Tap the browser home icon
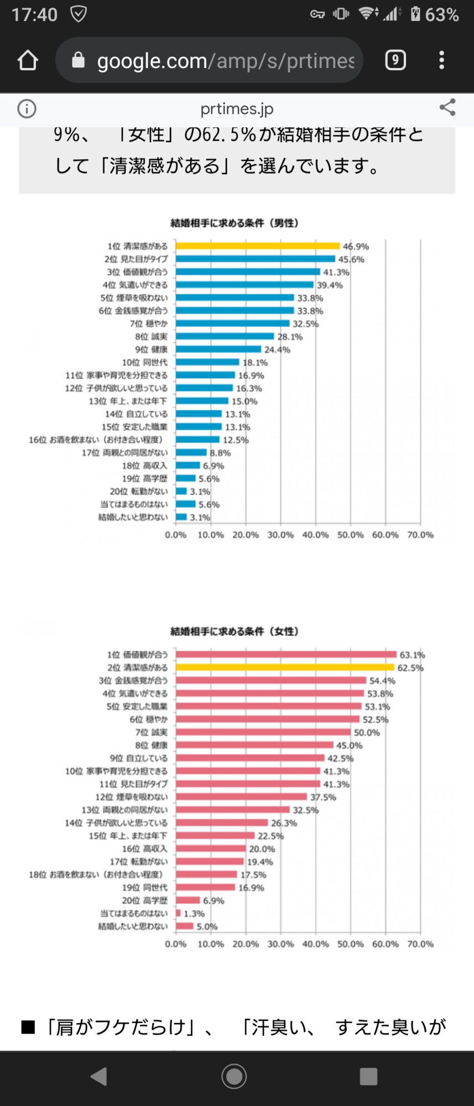(28, 60)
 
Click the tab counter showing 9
(395, 60)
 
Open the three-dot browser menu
(441, 60)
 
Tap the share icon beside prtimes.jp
(447, 107)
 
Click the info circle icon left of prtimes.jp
(27, 108)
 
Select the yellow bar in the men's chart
(258, 246)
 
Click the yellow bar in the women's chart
(285, 667)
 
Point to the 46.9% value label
(356, 247)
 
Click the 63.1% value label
(412, 655)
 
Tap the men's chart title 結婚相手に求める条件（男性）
(235, 223)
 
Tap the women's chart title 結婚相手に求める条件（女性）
(235, 631)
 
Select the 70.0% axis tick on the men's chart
(420, 535)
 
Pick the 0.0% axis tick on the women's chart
(176, 944)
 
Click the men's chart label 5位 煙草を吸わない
(134, 298)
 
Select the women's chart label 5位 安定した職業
(137, 706)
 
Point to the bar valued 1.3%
(178, 913)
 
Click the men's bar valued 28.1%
(225, 336)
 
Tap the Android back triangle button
(99, 1077)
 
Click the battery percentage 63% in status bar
(441, 14)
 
